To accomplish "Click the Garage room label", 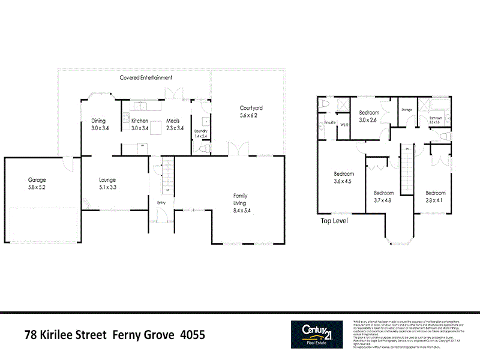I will coord(37,179).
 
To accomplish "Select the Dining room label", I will coord(98,121).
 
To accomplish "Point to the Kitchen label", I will coord(140,121).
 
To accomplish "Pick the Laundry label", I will coord(200,131).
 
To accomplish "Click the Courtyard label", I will coord(251,108).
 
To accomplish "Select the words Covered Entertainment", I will coord(146,77).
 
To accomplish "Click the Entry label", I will coord(161,203).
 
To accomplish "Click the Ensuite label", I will coord(329,122).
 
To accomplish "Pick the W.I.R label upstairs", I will coord(344,125).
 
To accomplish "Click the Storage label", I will coord(407,110).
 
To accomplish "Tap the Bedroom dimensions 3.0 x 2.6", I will coord(368,120).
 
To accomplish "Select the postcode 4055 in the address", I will coord(193,335).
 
